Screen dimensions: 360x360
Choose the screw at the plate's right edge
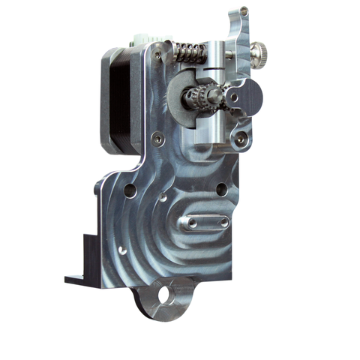point(239,139)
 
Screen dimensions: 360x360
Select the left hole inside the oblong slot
point(193,223)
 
